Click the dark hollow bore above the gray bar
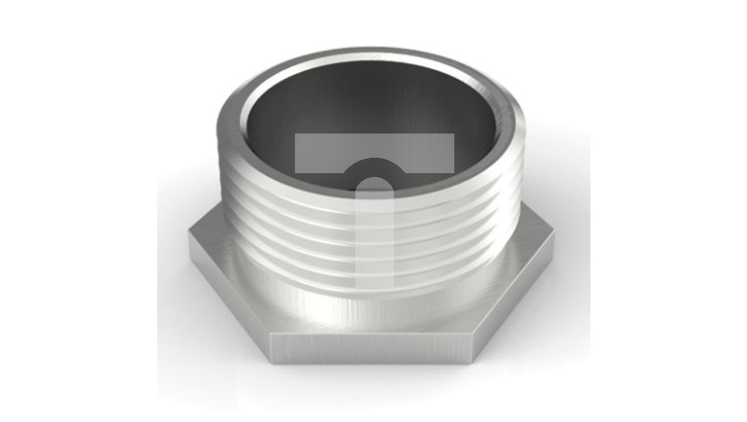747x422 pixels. click(x=374, y=99)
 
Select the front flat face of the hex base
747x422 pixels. click(x=374, y=348)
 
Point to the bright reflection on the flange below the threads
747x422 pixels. click(x=352, y=308)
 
